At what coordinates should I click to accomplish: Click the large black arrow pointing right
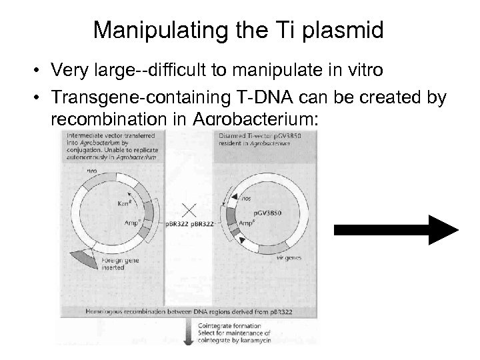coord(397,230)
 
